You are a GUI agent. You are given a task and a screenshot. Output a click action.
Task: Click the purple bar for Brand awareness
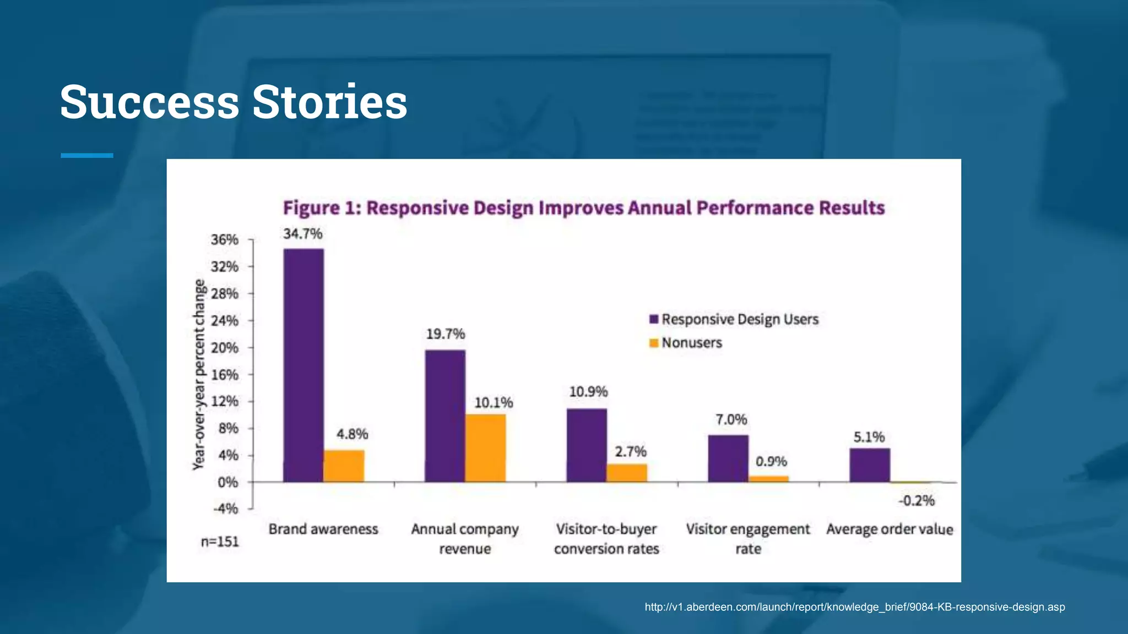tap(303, 365)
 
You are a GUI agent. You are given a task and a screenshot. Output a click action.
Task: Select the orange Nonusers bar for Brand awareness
tap(344, 466)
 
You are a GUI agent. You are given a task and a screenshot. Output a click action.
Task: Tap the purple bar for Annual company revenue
tap(445, 416)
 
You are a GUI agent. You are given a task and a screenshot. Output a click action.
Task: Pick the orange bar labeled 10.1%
tap(485, 448)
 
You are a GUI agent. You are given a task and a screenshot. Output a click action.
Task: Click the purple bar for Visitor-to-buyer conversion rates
tap(587, 445)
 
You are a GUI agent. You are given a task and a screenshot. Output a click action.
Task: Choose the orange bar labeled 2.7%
tap(627, 473)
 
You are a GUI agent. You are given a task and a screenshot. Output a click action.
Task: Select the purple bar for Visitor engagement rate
tap(728, 458)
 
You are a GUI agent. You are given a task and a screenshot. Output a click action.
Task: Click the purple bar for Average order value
tap(870, 465)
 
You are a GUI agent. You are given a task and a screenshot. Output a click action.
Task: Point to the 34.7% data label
tap(303, 234)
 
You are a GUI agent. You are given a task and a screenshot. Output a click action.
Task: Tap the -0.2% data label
tap(916, 501)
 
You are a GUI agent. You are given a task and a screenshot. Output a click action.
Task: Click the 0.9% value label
tap(771, 461)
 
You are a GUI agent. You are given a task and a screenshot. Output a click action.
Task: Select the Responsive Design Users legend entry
tap(734, 319)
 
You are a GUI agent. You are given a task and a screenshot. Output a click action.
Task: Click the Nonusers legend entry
tap(686, 343)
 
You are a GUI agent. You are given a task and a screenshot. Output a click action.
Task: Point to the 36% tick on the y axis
tap(225, 240)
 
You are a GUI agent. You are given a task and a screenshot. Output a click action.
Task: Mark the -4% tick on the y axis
tap(226, 509)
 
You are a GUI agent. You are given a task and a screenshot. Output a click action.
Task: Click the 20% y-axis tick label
tap(225, 348)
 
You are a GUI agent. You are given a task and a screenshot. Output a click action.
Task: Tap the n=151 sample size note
tap(220, 542)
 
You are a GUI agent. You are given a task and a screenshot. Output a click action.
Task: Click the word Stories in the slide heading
tap(330, 102)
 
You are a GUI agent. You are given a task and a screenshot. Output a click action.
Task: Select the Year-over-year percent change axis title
tap(199, 374)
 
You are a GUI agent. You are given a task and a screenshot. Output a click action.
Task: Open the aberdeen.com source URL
tap(854, 607)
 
